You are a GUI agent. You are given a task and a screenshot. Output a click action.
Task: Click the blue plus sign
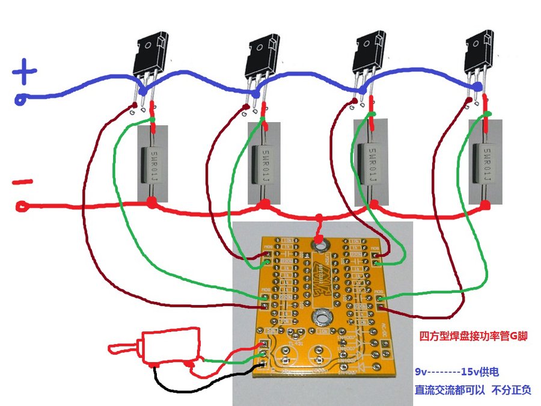coord(24,74)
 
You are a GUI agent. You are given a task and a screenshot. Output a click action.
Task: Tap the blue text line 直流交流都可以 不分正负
coord(472,390)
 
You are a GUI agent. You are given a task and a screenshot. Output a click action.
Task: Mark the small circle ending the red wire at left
coord(22,207)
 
